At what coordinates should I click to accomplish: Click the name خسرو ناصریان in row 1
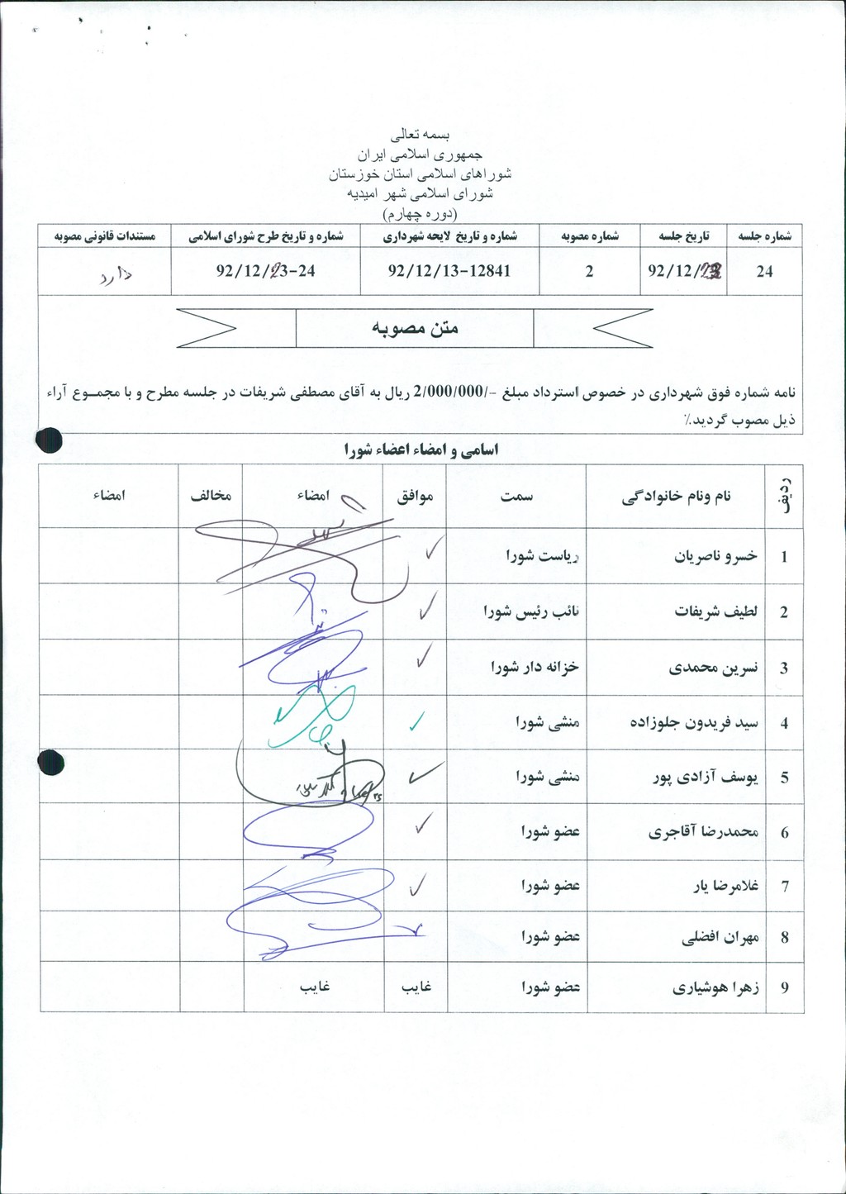point(715,556)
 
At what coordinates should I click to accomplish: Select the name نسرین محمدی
point(713,668)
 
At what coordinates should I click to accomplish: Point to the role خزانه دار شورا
point(535,667)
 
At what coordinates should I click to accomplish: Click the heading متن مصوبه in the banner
point(415,328)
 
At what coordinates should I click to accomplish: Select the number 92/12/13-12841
point(449,271)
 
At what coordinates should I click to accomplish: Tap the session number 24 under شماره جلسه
point(764,271)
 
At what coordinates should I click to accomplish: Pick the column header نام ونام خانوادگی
point(677,496)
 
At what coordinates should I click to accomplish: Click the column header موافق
point(415,496)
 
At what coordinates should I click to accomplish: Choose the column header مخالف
point(211,496)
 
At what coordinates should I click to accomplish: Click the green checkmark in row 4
point(418,722)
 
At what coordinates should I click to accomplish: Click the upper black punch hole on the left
point(49,440)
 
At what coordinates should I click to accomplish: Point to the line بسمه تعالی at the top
point(421,134)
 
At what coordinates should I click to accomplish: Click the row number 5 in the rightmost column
point(784,778)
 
